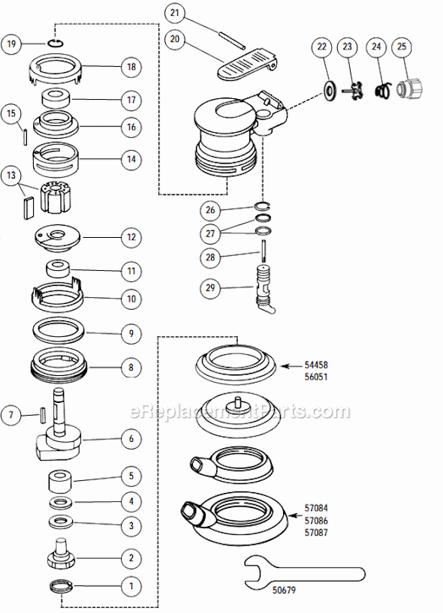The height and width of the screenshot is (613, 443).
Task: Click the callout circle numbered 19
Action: click(11, 44)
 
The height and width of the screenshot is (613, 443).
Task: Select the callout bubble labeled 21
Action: click(174, 13)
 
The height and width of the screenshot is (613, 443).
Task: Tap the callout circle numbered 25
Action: click(402, 47)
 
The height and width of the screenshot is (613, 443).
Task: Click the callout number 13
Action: click(11, 176)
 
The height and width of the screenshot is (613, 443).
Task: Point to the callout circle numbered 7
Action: click(11, 413)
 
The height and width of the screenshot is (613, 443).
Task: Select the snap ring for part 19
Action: click(57, 44)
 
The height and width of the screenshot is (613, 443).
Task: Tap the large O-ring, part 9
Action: click(59, 329)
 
